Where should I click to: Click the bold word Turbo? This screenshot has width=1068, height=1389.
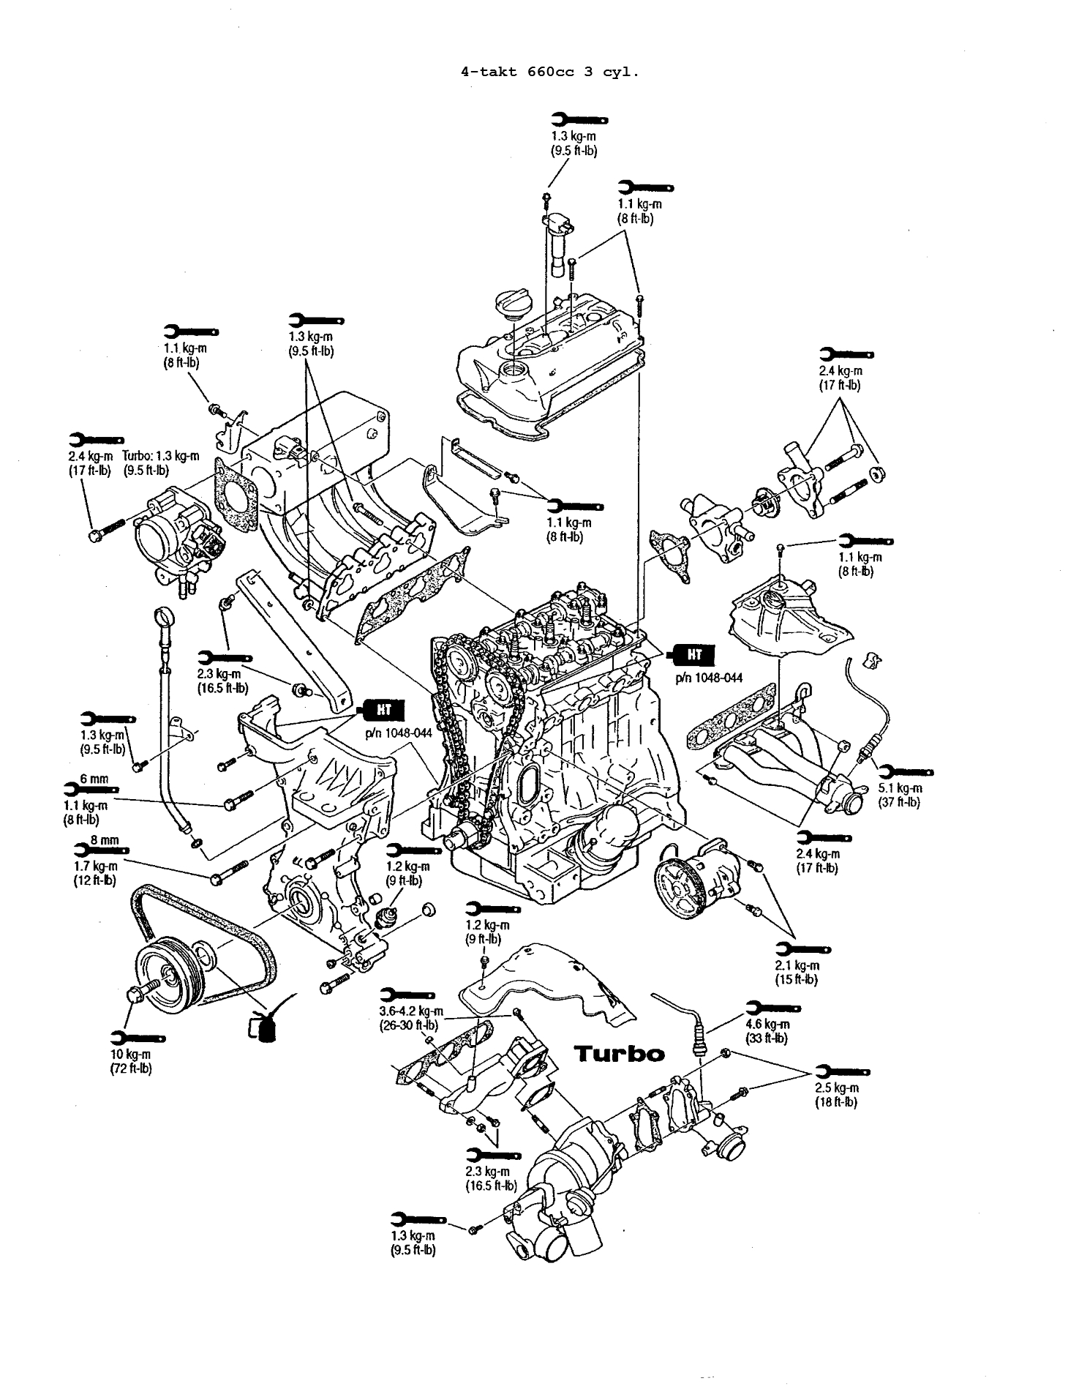(x=620, y=1054)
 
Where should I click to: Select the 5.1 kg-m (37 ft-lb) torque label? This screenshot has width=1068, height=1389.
(x=899, y=795)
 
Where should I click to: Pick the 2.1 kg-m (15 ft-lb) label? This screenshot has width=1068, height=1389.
(x=797, y=973)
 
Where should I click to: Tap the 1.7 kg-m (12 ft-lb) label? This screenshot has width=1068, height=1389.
(x=95, y=872)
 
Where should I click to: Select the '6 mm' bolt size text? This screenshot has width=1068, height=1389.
(x=94, y=779)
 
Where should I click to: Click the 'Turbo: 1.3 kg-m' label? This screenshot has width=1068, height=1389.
(x=160, y=463)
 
